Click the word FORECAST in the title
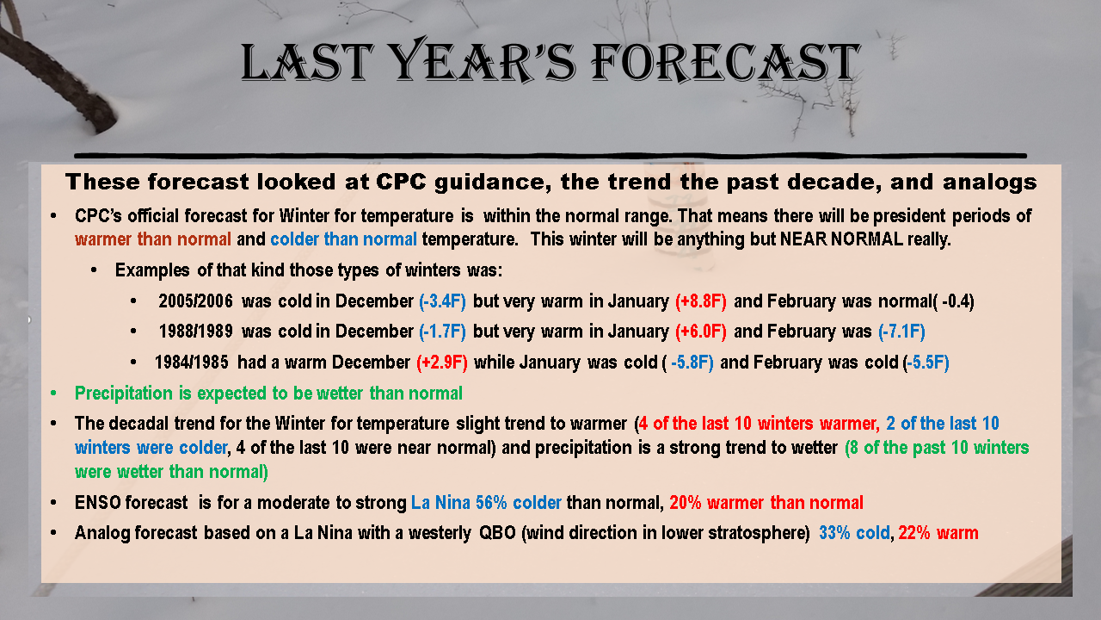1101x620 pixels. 725,62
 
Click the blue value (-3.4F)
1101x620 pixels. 442,301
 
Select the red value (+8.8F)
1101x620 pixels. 701,301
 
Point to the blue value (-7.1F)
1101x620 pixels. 902,332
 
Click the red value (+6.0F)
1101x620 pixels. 701,332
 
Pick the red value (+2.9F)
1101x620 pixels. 442,363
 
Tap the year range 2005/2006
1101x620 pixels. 195,301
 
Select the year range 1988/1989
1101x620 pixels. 195,332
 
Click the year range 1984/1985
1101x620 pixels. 192,363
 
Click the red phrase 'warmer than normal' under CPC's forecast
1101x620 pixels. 153,239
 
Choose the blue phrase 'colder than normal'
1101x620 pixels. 343,239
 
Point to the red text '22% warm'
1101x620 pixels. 938,533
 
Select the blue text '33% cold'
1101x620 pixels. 854,533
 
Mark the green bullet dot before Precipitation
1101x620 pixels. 53,394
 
